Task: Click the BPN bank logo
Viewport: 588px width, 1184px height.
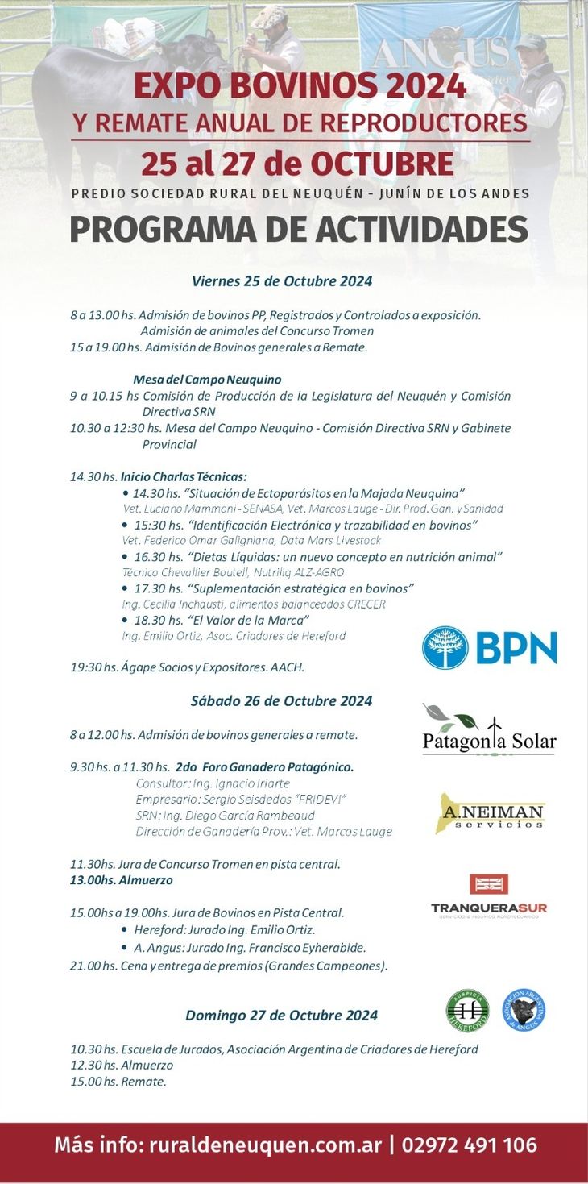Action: (x=490, y=647)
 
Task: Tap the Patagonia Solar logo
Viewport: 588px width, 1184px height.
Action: (x=489, y=730)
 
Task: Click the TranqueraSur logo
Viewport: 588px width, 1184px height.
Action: (x=489, y=895)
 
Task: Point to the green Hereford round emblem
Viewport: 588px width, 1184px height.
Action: (x=467, y=1010)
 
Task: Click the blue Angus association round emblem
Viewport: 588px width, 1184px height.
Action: (x=524, y=1010)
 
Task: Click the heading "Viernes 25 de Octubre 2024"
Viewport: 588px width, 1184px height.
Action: (x=282, y=281)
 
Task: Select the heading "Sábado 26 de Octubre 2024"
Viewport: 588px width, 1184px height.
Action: (x=282, y=701)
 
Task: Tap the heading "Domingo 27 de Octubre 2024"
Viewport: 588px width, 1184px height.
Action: (x=282, y=1016)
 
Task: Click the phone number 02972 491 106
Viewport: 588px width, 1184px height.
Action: (x=470, y=1145)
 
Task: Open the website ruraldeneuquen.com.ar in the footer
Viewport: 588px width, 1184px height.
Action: (x=266, y=1145)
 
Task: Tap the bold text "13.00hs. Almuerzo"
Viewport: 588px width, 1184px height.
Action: (x=122, y=880)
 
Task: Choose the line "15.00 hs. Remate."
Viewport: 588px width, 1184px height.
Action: (x=118, y=1082)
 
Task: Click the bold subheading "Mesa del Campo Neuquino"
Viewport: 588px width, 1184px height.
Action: (x=207, y=380)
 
